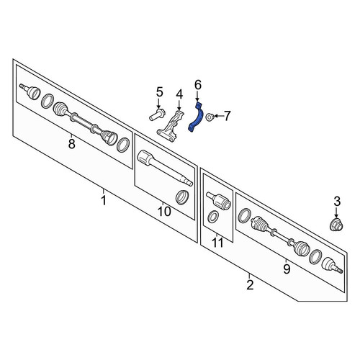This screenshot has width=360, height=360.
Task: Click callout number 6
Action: pyautogui.click(x=198, y=85)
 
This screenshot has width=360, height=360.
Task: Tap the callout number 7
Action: pyautogui.click(x=227, y=116)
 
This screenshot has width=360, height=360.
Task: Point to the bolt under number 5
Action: pyautogui.click(x=156, y=115)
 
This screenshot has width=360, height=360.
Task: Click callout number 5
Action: pyautogui.click(x=160, y=92)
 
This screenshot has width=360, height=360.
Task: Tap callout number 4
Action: pyautogui.click(x=179, y=94)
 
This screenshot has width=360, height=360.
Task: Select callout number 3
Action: pyautogui.click(x=337, y=202)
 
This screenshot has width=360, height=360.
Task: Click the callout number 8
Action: pyautogui.click(x=71, y=144)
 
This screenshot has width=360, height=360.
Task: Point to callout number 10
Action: pyautogui.click(x=164, y=212)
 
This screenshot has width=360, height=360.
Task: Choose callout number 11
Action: pyautogui.click(x=218, y=243)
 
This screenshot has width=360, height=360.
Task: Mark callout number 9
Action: pyautogui.click(x=287, y=269)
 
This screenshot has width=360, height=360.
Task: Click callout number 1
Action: pyautogui.click(x=104, y=200)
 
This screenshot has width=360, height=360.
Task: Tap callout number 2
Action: pyautogui.click(x=250, y=285)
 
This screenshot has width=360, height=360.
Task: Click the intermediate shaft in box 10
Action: pyautogui.click(x=165, y=168)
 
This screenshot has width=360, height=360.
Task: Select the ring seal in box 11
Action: pyautogui.click(x=213, y=217)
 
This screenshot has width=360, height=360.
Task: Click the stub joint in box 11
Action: pyautogui.click(x=218, y=200)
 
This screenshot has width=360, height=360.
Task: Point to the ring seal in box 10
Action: pyautogui.click(x=182, y=197)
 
